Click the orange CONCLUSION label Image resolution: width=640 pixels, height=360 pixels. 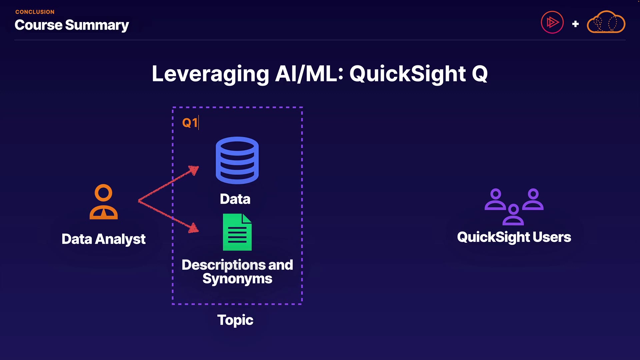(x=35, y=12)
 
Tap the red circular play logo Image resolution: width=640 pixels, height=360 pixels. (x=552, y=22)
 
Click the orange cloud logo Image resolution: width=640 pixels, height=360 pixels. (x=606, y=22)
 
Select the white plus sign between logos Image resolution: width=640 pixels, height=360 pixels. (x=575, y=24)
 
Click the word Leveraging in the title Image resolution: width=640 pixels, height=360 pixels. (x=210, y=74)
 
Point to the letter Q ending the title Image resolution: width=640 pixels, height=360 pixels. (x=480, y=74)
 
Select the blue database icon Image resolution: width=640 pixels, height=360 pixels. (x=237, y=160)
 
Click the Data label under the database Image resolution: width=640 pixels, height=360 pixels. (x=235, y=199)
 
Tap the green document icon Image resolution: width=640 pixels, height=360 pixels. (x=237, y=232)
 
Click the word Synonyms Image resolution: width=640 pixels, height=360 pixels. (x=237, y=279)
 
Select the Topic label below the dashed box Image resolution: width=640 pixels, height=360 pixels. (x=235, y=320)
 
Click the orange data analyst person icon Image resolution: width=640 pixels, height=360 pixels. (x=104, y=202)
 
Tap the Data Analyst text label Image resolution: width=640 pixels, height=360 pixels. (x=104, y=239)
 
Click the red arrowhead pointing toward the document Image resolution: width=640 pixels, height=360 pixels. (x=194, y=228)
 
